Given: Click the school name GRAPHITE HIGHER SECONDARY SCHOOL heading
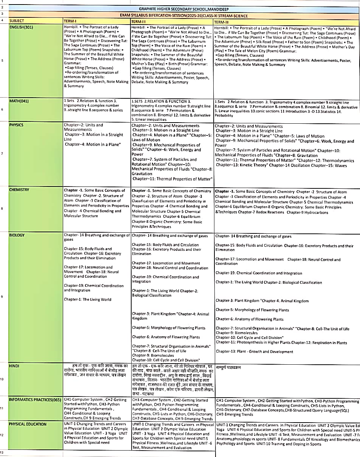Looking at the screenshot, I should coord(184,9).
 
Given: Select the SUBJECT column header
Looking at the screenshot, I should coord(17,21).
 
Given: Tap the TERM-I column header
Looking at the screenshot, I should coord(70,21).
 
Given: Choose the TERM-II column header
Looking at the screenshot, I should coord(138,21).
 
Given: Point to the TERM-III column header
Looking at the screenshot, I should coord(221,22).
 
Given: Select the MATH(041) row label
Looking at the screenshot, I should coord(19,101).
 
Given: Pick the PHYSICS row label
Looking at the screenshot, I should coord(16,125).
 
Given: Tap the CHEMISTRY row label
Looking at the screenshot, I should coord(19,190).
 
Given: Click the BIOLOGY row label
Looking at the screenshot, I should coord(17,235).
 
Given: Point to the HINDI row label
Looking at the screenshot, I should coord(14,365).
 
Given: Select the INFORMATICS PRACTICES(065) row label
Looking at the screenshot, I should coord(35,399).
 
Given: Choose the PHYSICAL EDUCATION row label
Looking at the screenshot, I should coord(28,424).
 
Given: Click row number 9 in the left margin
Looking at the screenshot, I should coord(2,296).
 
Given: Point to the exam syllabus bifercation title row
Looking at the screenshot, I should coord(184,16).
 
